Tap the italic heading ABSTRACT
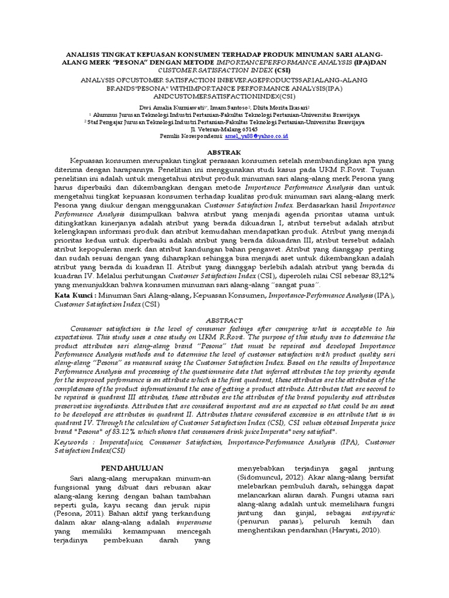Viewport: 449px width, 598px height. pos(224,320)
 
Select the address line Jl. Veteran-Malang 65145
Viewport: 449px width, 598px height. pos(224,129)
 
